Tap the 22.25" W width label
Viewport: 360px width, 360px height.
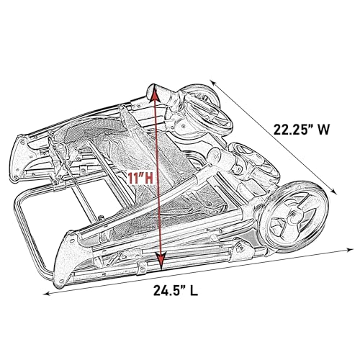coord(302,130)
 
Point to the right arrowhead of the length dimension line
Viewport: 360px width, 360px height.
coord(338,250)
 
